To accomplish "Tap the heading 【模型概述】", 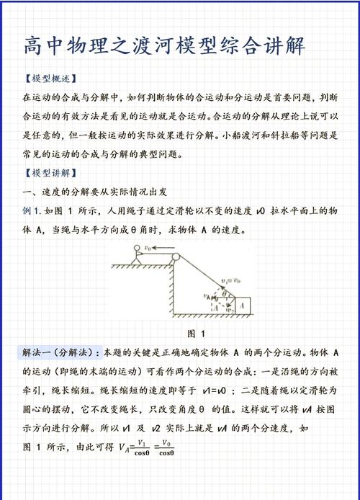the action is [50, 79].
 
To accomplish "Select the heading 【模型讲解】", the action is [50, 174].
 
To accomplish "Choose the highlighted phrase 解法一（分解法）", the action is [60, 353].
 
